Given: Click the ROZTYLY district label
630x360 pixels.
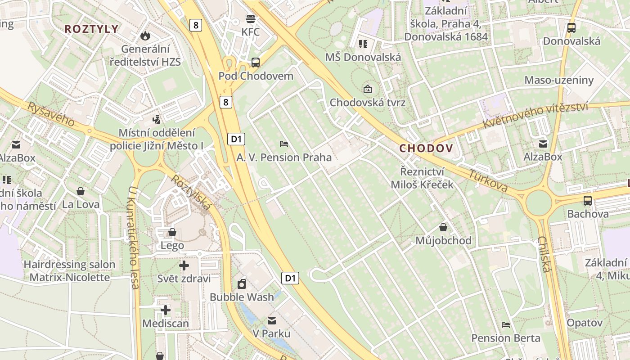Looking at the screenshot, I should (x=91, y=29).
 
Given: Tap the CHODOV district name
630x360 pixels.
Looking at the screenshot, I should (x=426, y=148).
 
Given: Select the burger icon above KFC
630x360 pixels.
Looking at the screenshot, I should (x=251, y=19).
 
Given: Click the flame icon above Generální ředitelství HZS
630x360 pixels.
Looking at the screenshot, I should (x=145, y=35).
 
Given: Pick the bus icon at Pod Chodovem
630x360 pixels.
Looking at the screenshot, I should (x=256, y=63).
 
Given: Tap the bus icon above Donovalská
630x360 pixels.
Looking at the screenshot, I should (x=571, y=27).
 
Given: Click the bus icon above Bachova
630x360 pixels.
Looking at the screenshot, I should (x=588, y=201).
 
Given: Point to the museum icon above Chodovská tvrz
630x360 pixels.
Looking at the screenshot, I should (x=368, y=89).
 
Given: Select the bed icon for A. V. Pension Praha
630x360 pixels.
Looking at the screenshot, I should (x=284, y=144).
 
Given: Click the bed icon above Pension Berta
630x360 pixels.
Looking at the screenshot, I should (x=506, y=324).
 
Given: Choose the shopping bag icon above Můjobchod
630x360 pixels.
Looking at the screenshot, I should (x=443, y=227).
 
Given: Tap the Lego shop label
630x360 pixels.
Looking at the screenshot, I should (x=172, y=245).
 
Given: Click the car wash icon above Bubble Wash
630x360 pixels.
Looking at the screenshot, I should (x=242, y=283).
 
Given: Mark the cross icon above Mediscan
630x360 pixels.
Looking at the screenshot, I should (x=166, y=310).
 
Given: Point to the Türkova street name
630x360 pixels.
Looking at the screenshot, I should (x=488, y=181).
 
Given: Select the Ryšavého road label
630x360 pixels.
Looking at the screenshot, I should (x=51, y=114).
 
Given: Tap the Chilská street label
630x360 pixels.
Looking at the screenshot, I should (x=544, y=254).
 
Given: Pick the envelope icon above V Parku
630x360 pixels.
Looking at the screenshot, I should (x=272, y=320).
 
